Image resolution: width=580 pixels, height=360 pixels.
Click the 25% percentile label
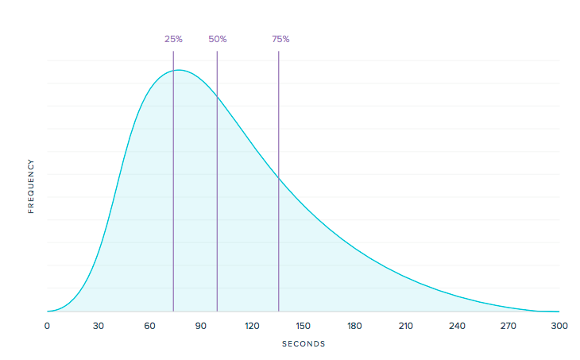click(x=173, y=39)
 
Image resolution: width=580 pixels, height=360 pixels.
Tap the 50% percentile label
click(x=217, y=39)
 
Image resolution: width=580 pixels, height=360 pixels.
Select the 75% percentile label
click(x=280, y=39)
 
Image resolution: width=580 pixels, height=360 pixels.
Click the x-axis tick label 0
click(x=47, y=325)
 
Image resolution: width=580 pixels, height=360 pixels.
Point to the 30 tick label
click(x=99, y=325)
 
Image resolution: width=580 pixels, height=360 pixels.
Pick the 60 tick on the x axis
click(x=149, y=325)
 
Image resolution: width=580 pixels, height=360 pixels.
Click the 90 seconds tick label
click(x=201, y=325)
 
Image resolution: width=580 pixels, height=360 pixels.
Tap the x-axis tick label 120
click(x=252, y=325)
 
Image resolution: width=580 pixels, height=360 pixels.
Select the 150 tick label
click(x=304, y=325)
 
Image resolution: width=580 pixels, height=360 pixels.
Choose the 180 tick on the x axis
click(x=354, y=325)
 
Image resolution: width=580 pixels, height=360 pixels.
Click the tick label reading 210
click(x=406, y=325)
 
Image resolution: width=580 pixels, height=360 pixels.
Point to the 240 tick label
click(x=457, y=325)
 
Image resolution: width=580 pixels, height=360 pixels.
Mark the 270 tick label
click(x=508, y=325)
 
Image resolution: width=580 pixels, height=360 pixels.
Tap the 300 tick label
click(x=559, y=325)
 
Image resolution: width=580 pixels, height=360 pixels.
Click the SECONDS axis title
click(x=304, y=344)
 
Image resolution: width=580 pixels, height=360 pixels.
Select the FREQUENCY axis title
click(x=32, y=186)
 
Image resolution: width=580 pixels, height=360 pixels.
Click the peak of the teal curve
click(x=180, y=70)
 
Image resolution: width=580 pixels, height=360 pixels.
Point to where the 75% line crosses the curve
click(x=279, y=179)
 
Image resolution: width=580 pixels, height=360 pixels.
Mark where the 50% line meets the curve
click(x=217, y=95)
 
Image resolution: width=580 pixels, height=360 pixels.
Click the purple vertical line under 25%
click(x=173, y=199)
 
